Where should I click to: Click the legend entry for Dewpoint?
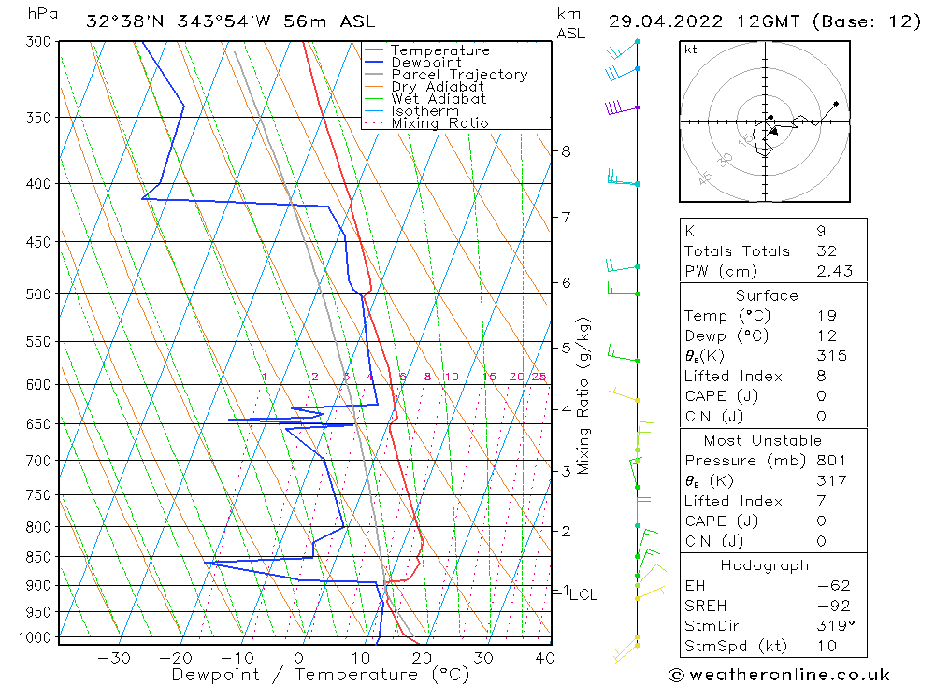coord(425,63)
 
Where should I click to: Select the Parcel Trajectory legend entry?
coord(459,75)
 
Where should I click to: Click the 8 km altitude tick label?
coord(566,150)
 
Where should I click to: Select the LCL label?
coord(583,594)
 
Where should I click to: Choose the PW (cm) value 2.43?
coord(834,271)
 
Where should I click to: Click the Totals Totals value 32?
coord(826,250)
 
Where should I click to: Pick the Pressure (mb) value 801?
coord(830,460)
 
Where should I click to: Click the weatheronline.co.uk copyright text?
coord(779,675)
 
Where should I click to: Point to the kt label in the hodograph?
coord(691,50)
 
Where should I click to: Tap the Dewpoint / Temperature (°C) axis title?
coord(321,674)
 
